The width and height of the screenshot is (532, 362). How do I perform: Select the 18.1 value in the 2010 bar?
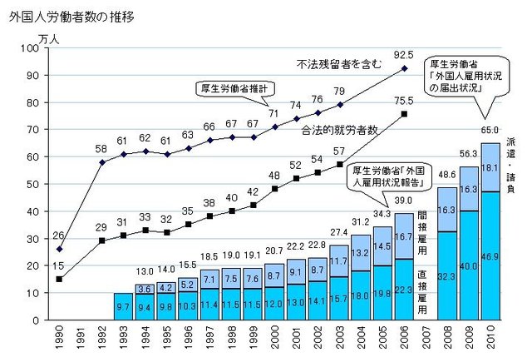click(490, 167)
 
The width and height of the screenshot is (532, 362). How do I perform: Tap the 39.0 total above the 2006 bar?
click(403, 201)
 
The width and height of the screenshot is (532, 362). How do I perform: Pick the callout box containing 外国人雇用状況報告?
click(384, 175)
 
